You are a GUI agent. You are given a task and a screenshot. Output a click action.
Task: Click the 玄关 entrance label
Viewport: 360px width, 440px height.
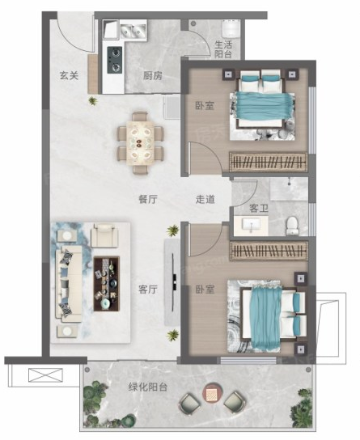[69, 75]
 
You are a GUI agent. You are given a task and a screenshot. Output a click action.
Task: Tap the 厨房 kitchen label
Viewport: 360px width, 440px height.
[153, 75]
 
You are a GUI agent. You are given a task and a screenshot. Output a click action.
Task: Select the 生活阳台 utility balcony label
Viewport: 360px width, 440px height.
[223, 49]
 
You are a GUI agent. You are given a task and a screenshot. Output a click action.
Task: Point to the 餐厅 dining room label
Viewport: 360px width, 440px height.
[148, 199]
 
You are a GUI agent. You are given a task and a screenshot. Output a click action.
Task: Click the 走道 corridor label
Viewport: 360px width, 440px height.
[205, 199]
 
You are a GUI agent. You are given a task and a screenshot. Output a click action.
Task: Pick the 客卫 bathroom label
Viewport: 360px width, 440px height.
[259, 208]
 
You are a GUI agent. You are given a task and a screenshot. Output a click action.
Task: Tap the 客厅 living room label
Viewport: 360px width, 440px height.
[148, 290]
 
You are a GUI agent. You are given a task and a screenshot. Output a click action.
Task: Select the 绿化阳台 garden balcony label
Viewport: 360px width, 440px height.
[148, 387]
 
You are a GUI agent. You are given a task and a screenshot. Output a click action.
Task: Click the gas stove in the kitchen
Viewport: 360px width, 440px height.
[115, 60]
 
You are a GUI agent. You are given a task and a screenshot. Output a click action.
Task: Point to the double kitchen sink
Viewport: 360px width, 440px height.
[133, 31]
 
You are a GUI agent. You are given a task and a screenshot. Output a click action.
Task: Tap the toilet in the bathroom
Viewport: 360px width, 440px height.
[292, 226]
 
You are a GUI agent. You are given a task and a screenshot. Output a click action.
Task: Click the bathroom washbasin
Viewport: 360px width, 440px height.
[252, 225]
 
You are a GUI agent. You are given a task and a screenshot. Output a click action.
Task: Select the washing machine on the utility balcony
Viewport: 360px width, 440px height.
[231, 28]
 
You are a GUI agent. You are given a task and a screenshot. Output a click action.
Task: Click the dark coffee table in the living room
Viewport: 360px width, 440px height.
[107, 283]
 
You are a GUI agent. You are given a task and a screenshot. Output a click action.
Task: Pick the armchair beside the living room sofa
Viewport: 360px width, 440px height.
[104, 235]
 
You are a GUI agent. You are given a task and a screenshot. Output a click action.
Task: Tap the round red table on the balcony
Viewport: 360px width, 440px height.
[212, 393]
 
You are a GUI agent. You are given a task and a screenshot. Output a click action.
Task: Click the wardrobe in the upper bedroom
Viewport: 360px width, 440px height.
[269, 162]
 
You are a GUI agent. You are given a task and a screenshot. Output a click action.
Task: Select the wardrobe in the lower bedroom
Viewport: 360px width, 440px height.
[269, 250]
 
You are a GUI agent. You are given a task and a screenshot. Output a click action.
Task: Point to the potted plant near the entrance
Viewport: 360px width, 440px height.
[92, 101]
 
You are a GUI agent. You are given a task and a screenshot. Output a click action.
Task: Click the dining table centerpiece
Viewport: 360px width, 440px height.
[138, 143]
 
